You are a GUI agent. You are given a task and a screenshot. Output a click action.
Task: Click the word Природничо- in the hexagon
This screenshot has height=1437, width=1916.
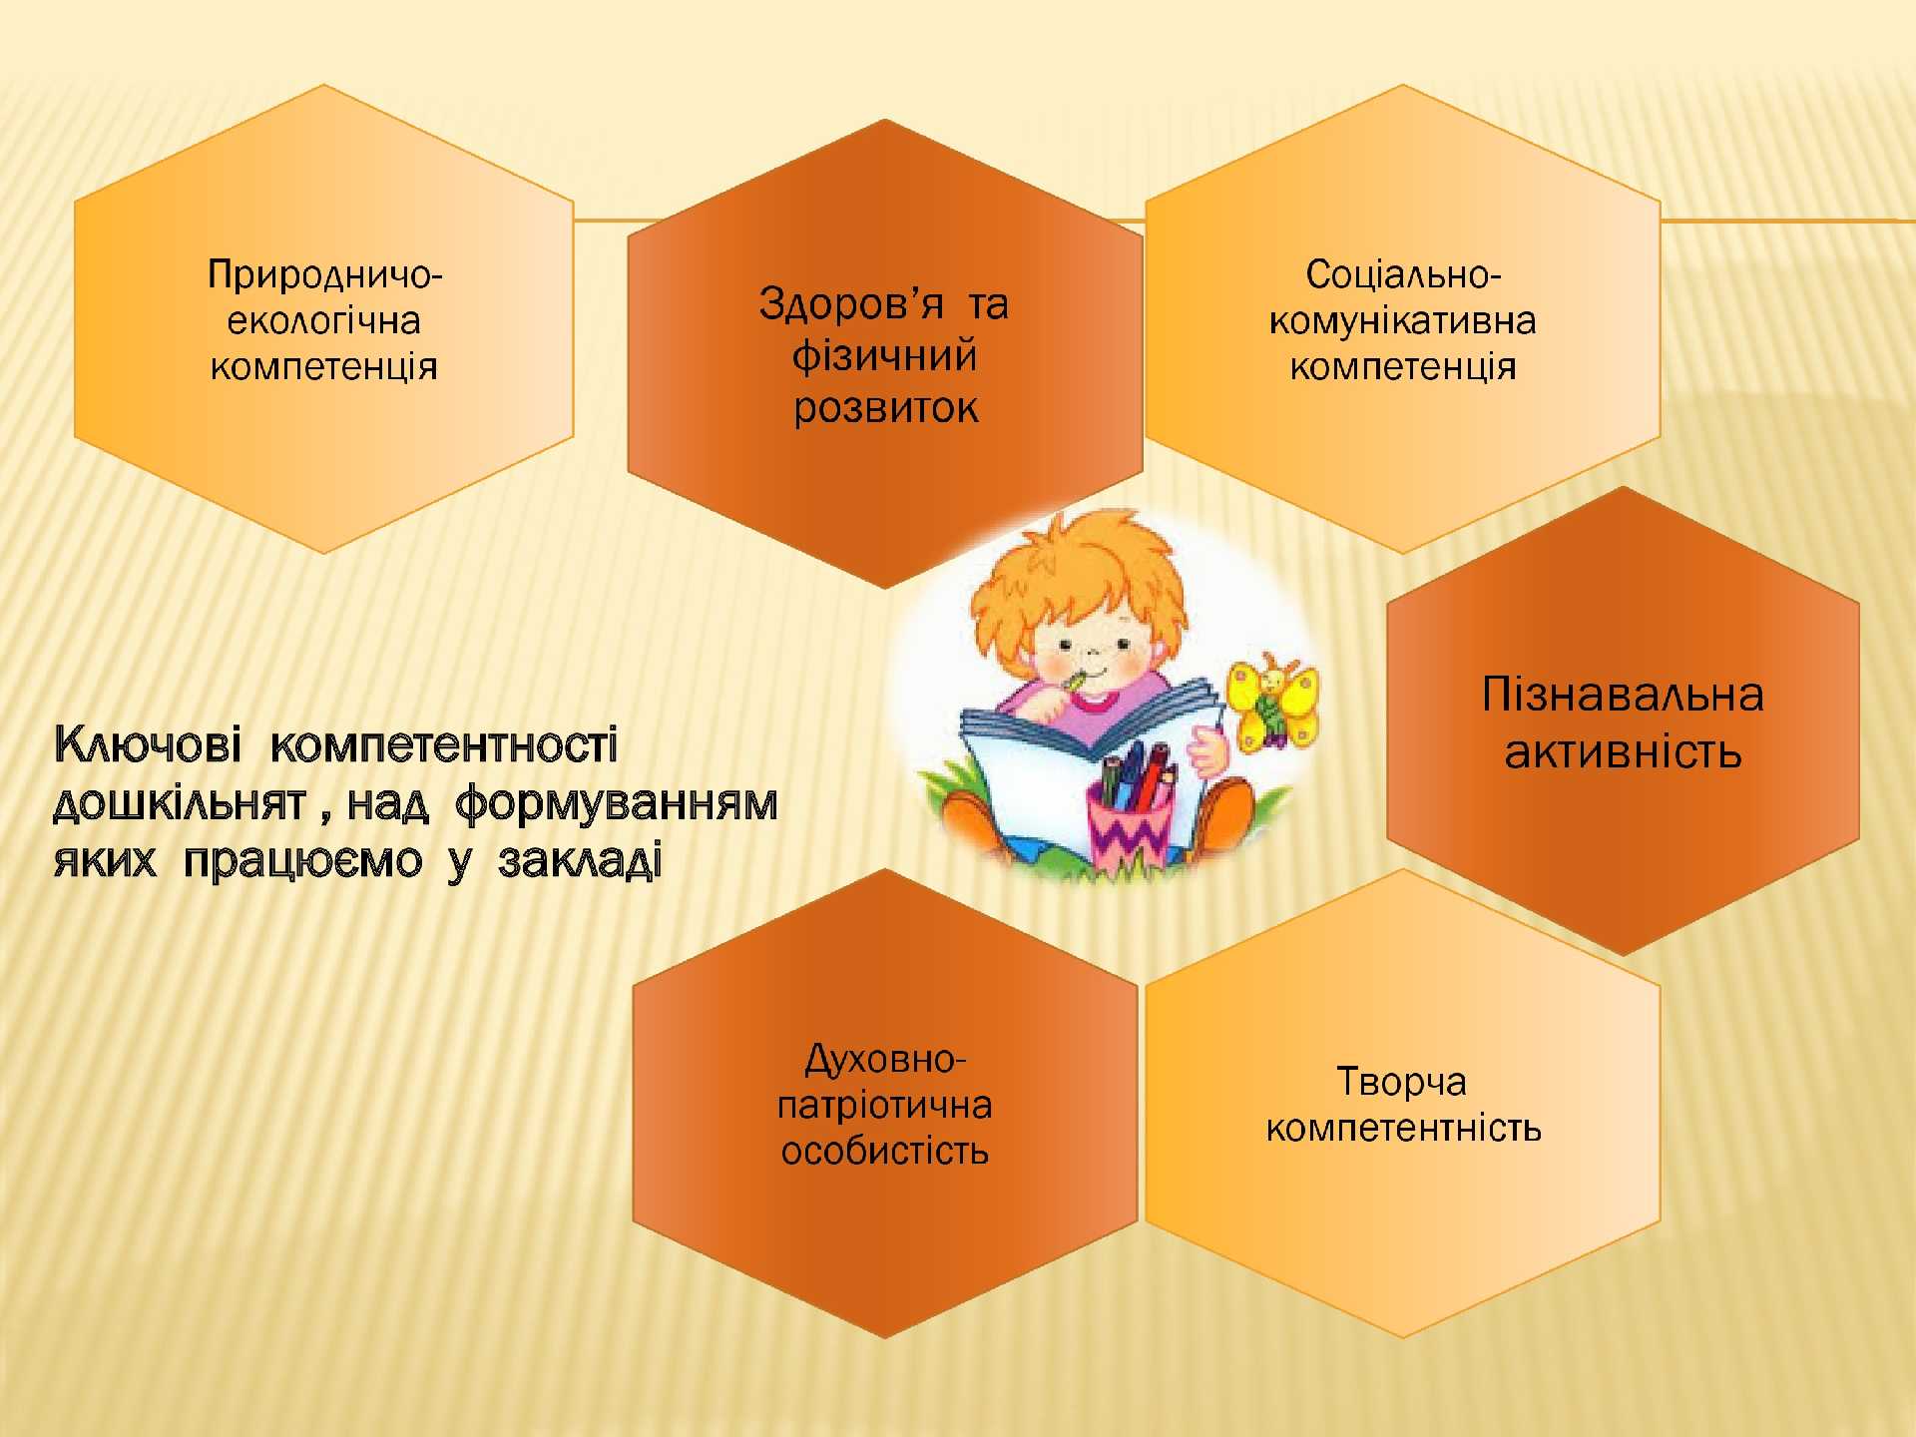coord(324,275)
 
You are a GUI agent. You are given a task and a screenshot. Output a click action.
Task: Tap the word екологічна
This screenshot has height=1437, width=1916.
coord(324,321)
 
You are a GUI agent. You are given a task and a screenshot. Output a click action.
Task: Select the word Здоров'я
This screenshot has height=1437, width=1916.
coord(851,303)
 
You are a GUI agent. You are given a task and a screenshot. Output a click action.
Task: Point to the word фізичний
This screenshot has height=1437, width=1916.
coord(884,356)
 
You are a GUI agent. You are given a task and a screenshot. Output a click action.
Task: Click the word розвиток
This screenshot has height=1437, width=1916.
coord(885,408)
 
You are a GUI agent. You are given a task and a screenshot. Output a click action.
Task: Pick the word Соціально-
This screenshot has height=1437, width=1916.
coord(1403,274)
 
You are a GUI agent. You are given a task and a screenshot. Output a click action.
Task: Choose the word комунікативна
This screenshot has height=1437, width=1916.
coord(1403,321)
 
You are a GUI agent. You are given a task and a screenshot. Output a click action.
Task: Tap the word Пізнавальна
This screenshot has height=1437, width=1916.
coord(1623,695)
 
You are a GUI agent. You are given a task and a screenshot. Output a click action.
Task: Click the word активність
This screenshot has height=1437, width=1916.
coord(1623,751)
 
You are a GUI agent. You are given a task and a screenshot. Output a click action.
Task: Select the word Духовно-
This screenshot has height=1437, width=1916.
coord(885,1059)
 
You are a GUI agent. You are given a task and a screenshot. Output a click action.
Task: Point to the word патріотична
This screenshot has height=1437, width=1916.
coord(885,1106)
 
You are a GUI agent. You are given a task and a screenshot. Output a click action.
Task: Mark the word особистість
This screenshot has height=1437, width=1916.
coord(885,1152)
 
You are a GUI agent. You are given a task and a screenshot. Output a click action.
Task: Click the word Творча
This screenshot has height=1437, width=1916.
coord(1402,1082)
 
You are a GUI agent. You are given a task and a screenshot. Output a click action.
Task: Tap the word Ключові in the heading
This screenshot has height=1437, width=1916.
coord(147,744)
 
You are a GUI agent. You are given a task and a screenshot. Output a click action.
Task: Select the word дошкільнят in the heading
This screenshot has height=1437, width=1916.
coord(179,802)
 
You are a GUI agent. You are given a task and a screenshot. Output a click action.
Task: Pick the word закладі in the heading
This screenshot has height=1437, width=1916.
coord(580,860)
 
